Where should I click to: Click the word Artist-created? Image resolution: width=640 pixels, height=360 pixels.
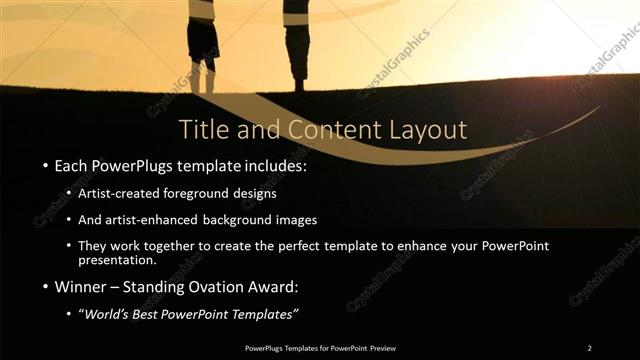[x=115, y=193]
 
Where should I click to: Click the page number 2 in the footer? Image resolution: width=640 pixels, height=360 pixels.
[x=589, y=348]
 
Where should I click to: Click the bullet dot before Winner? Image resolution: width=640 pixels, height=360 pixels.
[x=46, y=289]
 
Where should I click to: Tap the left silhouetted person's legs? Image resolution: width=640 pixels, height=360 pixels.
[x=202, y=70]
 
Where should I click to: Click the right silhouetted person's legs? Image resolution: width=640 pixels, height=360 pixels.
[x=297, y=60]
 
